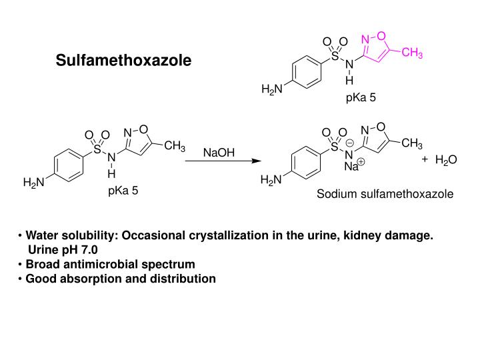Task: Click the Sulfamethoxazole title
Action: [123, 61]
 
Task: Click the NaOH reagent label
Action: [219, 152]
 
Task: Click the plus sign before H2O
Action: [425, 159]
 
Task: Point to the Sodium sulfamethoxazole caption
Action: [385, 194]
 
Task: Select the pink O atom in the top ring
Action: [382, 35]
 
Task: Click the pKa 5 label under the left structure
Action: [123, 191]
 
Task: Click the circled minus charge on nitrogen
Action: [350, 143]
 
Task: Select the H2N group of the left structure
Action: [33, 183]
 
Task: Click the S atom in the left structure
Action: [97, 149]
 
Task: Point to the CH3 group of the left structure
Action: [174, 146]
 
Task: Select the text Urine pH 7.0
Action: [63, 249]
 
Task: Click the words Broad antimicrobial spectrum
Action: [111, 264]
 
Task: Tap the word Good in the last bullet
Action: [39, 278]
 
